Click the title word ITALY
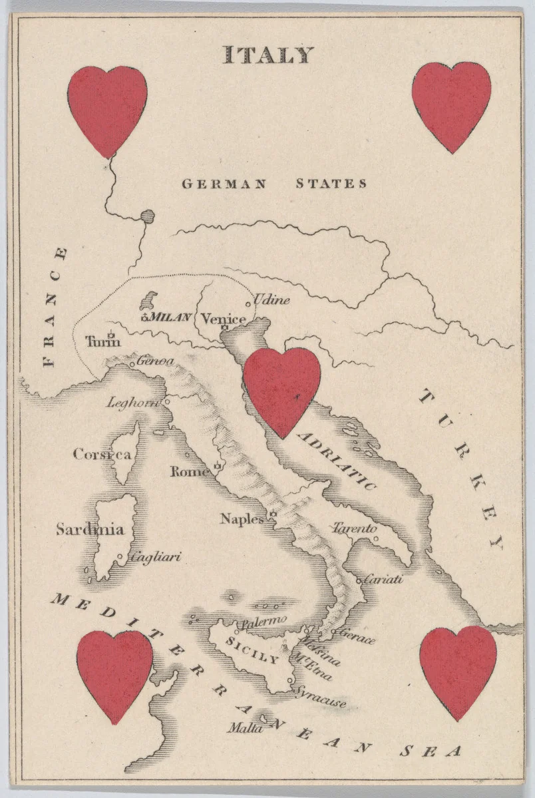tap(267, 55)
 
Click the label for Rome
tap(190, 472)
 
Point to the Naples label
tap(242, 518)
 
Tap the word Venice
tap(223, 319)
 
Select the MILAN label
tap(170, 317)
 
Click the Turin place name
tap(103, 342)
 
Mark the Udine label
tap(272, 300)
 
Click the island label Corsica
tap(102, 455)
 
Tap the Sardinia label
tap(89, 530)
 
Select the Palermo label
tap(264, 622)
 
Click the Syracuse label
tap(321, 697)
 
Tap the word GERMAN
tap(224, 184)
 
